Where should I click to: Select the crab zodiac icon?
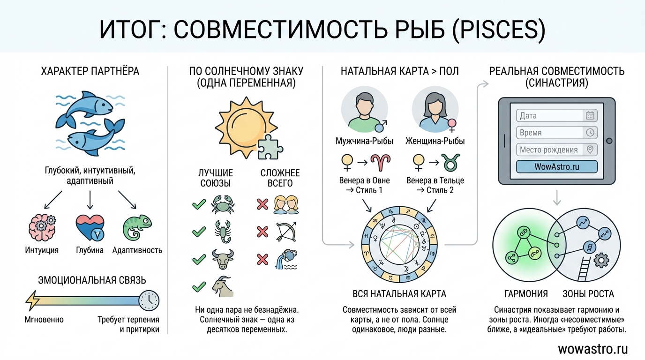[223, 204]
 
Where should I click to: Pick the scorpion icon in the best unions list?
[223, 231]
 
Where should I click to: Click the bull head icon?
[223, 258]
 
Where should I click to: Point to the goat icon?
[223, 286]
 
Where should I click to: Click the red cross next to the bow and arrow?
[262, 232]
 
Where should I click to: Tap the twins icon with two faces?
[286, 204]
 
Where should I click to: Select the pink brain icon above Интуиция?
[42, 227]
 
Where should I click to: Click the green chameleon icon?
[137, 228]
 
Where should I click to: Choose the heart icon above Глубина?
[90, 228]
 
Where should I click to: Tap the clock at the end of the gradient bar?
[149, 300]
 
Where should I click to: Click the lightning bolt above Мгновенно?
[33, 300]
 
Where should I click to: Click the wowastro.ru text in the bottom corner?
[592, 349]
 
